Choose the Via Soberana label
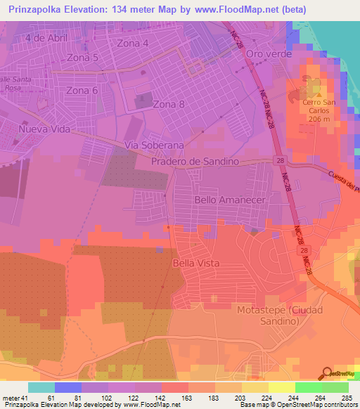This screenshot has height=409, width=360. (x=154, y=145)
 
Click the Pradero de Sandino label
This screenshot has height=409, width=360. (x=195, y=162)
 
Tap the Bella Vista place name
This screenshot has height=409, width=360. (x=195, y=263)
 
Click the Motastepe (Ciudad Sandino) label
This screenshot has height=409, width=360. (x=277, y=315)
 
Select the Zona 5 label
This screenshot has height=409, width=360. (x=82, y=58)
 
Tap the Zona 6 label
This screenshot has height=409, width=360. (x=82, y=90)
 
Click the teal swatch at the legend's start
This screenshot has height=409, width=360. (x=41, y=387)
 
